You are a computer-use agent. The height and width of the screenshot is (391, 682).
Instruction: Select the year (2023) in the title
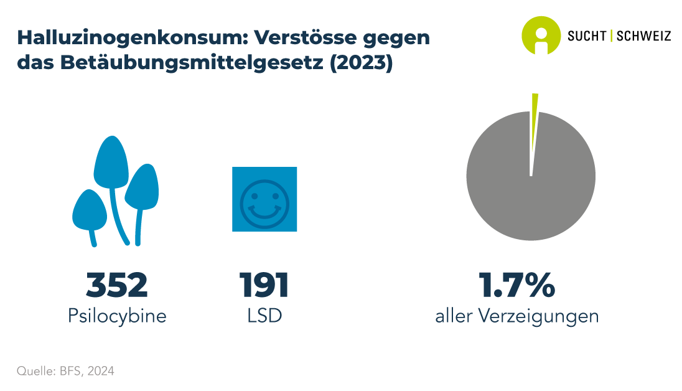tap(360, 64)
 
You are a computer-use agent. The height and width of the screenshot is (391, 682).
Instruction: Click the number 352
tap(117, 285)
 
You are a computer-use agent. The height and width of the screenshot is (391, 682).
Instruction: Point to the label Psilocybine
tap(117, 316)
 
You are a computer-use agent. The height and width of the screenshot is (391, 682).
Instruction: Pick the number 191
tap(264, 285)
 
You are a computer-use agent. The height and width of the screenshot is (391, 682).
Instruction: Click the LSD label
tap(264, 316)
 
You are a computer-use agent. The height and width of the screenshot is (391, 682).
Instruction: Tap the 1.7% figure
tap(516, 285)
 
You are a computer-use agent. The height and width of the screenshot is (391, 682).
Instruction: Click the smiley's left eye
tap(254, 194)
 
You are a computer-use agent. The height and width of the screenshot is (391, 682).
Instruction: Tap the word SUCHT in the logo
tap(587, 36)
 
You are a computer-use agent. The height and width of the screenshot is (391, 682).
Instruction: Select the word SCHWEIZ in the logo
tap(643, 36)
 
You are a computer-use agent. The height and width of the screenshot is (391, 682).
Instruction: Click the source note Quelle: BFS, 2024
tap(65, 371)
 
